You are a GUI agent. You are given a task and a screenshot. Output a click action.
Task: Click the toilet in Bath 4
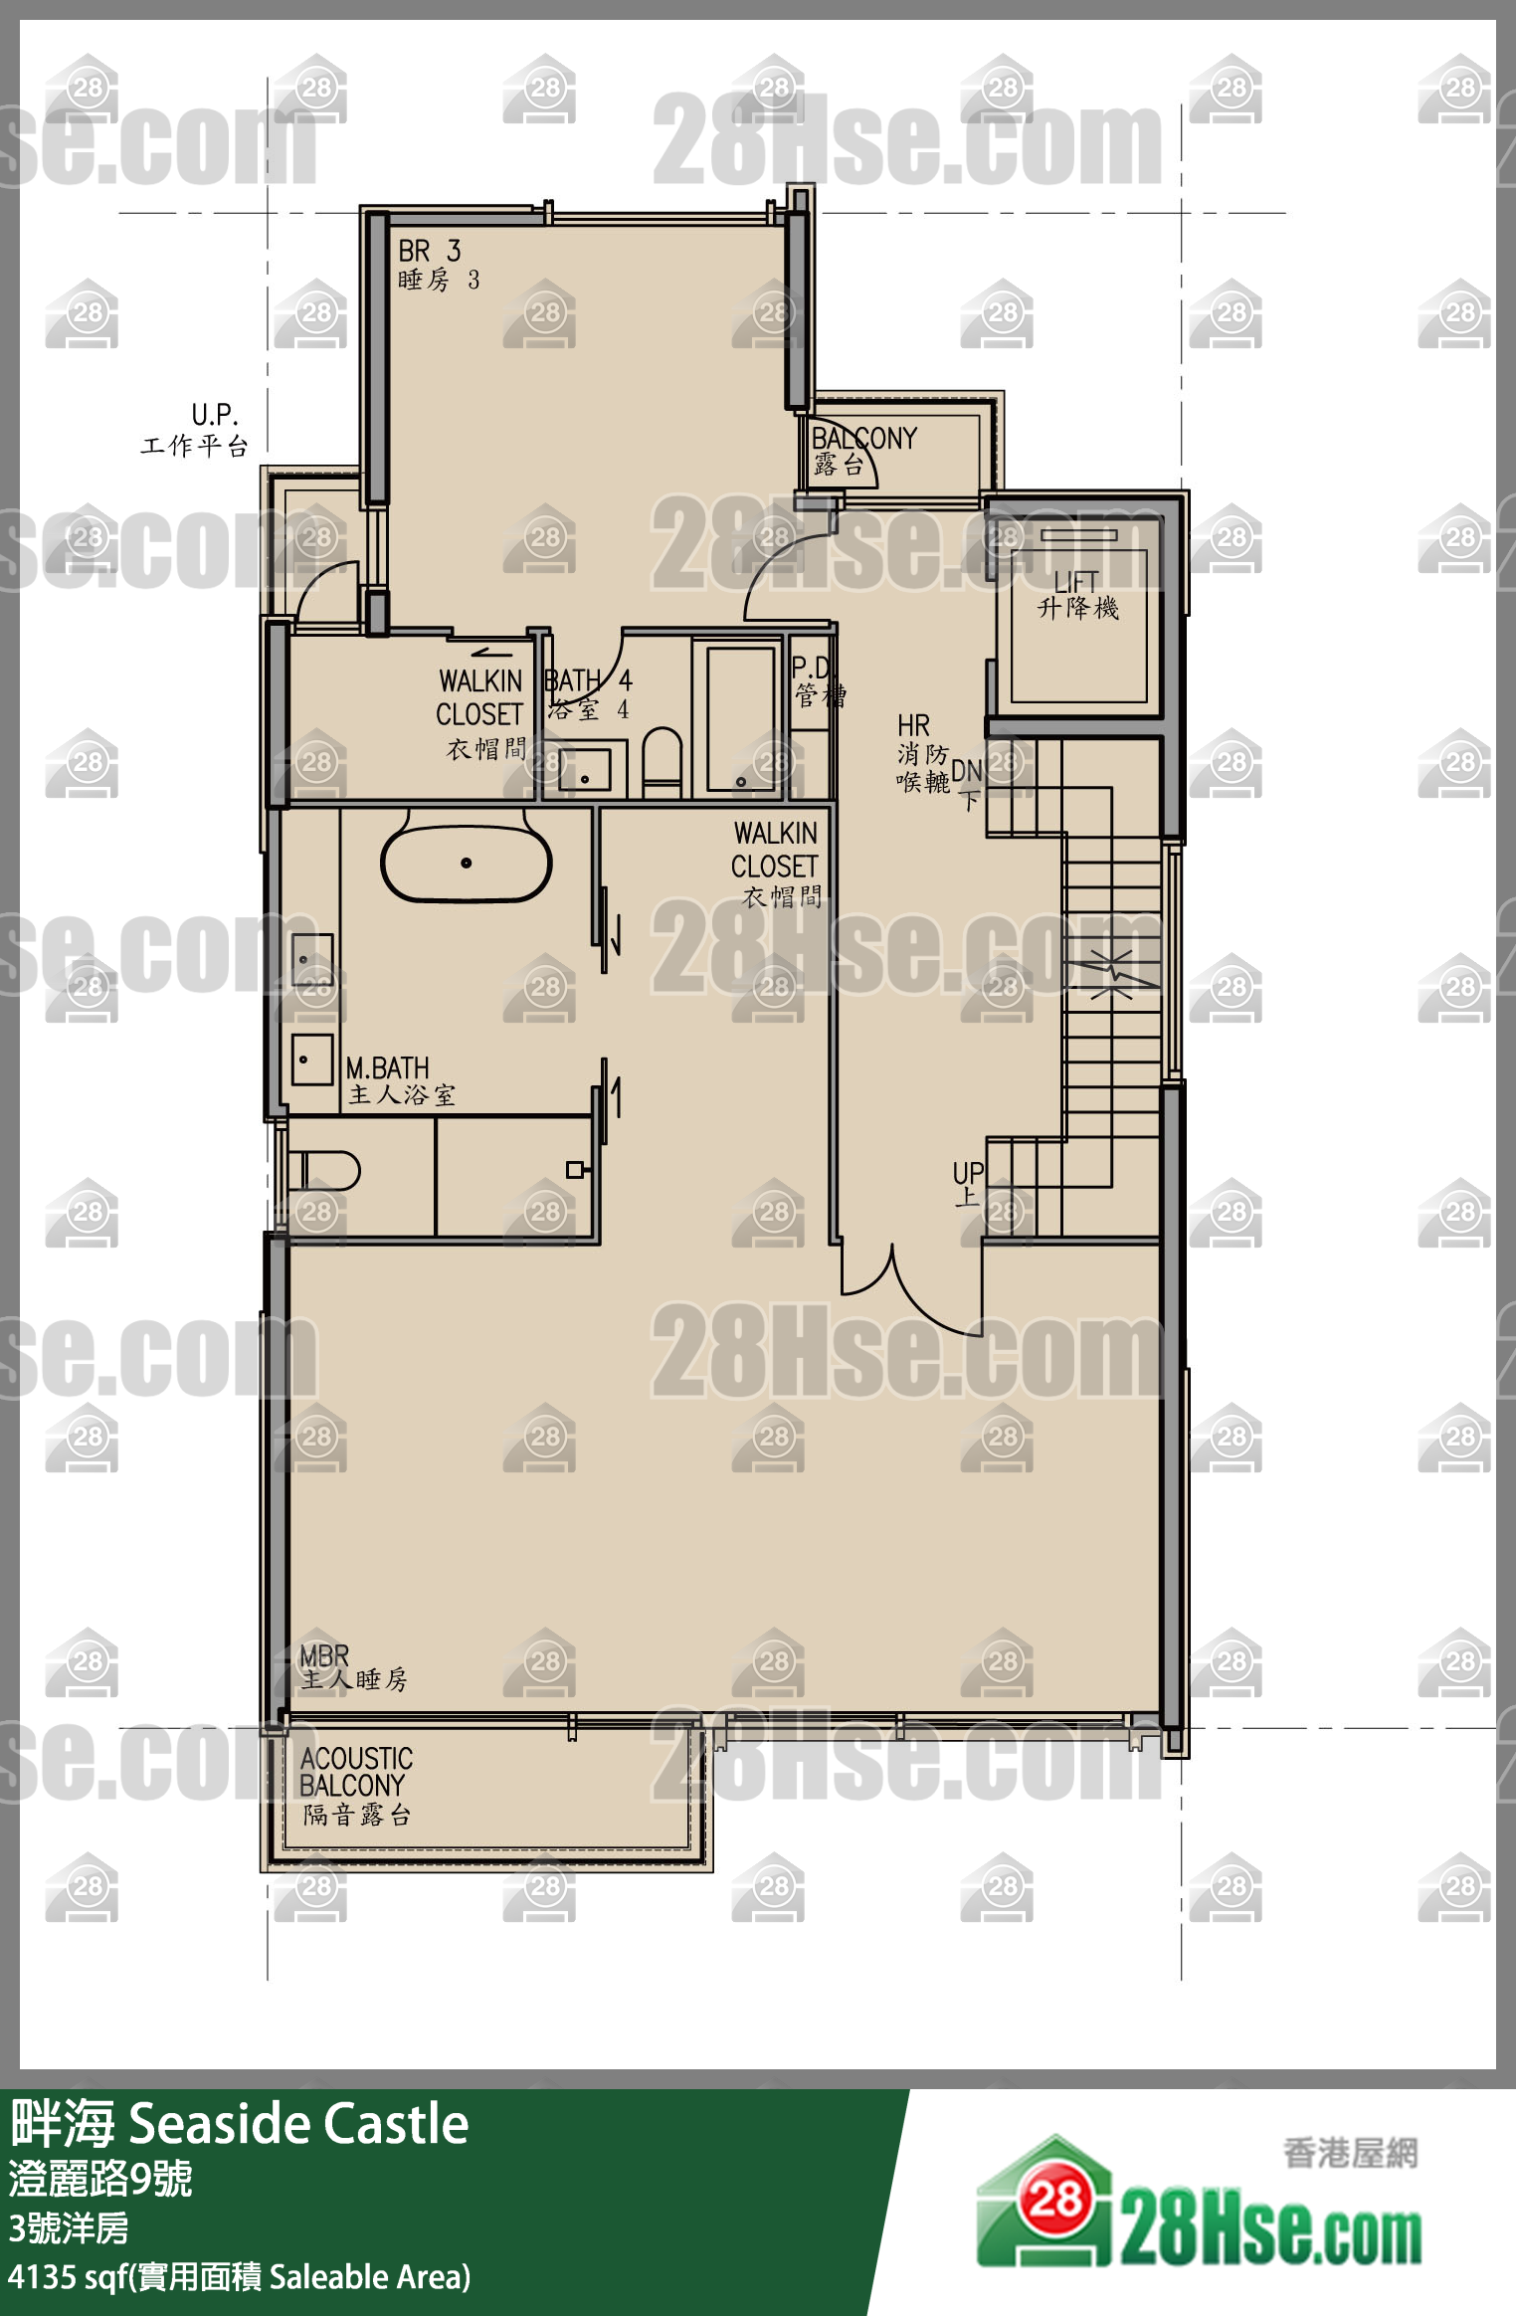pyautogui.click(x=662, y=762)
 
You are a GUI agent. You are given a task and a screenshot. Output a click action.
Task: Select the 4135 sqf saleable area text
pyautogui.click(x=239, y=2276)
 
